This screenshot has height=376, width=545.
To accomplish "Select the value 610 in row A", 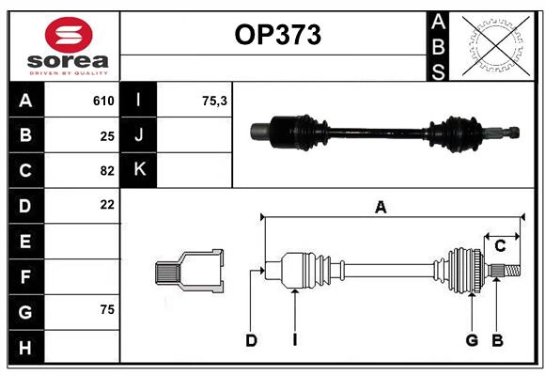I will point(103,101).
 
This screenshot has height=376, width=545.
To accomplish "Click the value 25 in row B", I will point(107,135).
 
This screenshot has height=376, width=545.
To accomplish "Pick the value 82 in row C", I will point(107,170).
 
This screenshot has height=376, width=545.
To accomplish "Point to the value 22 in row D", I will point(107,205).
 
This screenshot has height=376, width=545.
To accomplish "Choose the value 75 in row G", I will point(107,309).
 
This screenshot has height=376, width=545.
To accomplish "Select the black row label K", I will point(140,170).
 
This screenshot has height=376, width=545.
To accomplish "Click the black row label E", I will point(25,241).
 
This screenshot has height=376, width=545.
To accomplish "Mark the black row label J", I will point(140,135).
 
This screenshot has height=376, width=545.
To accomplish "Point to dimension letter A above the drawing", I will point(381,208).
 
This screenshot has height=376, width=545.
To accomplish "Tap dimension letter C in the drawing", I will point(500,246).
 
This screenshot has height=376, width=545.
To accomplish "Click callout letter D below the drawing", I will point(251,340).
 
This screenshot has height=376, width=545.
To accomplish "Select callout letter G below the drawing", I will point(472,340).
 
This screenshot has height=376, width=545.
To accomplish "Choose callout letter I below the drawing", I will point(294,340).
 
